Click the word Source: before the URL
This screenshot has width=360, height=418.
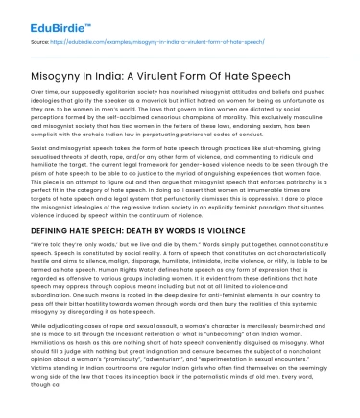pyautogui.click(x=40, y=42)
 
